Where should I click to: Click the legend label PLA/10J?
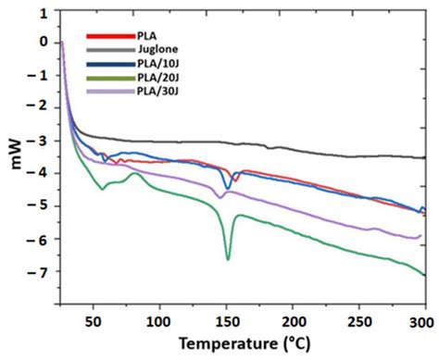[143, 66]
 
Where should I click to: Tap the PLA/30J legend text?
[143, 93]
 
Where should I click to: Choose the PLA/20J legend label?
[143, 80]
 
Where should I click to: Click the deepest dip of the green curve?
[228, 260]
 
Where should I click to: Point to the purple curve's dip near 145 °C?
[220, 197]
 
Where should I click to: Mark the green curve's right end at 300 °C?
[424, 275]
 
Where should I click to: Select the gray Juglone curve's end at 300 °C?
[424, 157]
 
